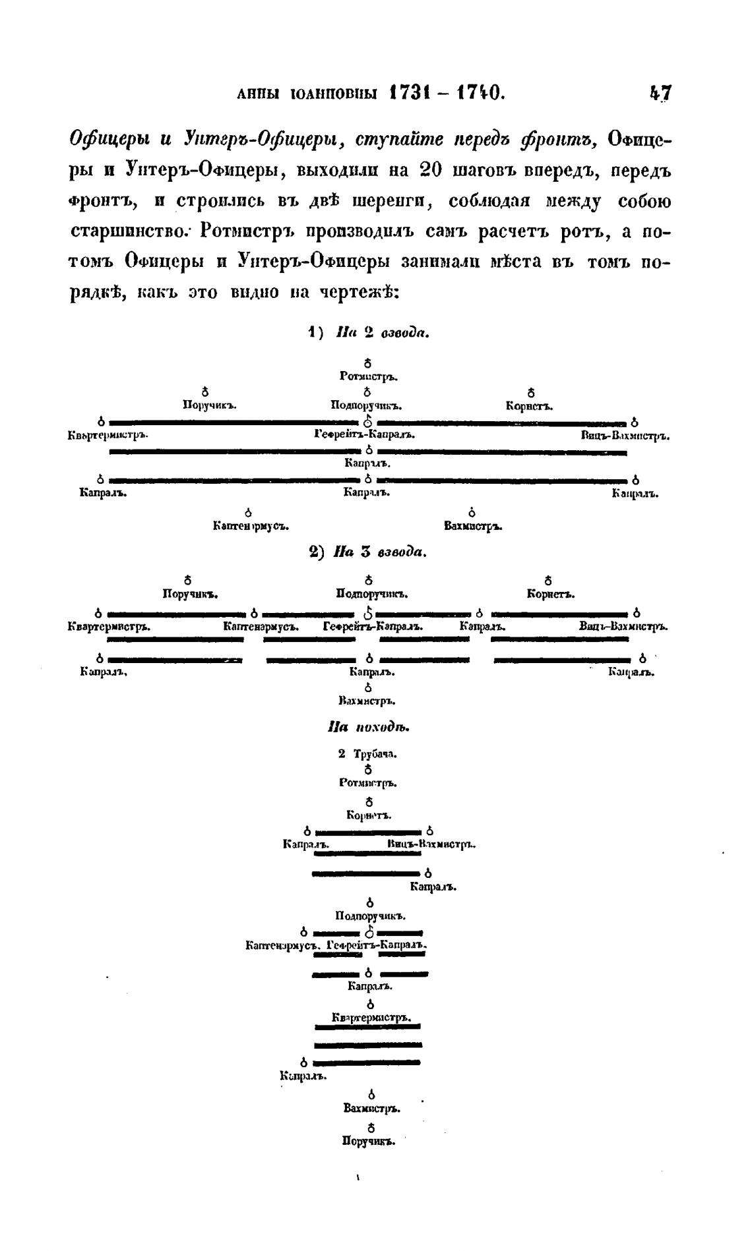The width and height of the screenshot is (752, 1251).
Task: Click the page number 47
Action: [x=660, y=92]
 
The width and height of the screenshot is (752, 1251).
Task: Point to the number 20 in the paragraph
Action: [x=430, y=170]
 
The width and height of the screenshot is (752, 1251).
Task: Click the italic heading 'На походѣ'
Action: [x=369, y=728]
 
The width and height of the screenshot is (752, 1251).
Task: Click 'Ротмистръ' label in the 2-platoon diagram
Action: [x=367, y=376]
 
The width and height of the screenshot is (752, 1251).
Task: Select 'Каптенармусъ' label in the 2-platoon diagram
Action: [x=251, y=527]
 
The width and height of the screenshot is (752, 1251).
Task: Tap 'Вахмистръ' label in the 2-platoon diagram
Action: [x=474, y=527]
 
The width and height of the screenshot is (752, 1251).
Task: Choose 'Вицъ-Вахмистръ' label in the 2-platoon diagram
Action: [x=625, y=436]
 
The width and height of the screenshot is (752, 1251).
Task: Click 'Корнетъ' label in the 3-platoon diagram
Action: [x=550, y=595]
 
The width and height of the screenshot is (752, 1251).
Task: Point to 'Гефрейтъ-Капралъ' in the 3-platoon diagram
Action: [x=373, y=627]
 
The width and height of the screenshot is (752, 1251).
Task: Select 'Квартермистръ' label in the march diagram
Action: [x=371, y=1018]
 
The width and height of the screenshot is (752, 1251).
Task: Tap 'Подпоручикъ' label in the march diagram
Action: [x=370, y=916]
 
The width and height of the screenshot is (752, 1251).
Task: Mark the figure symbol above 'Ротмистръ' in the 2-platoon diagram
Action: [x=368, y=363]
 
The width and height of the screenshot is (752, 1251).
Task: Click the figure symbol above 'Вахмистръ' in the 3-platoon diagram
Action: [x=369, y=687]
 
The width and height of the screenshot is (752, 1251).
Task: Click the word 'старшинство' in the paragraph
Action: [x=129, y=232]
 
